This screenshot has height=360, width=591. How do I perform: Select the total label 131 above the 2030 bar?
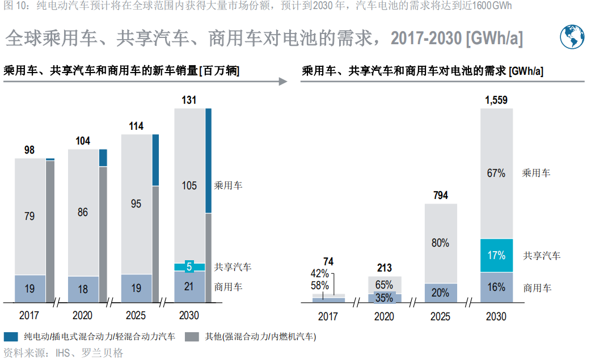189,100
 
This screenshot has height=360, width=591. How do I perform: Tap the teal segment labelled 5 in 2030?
189,267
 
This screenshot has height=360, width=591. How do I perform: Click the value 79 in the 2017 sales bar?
29,216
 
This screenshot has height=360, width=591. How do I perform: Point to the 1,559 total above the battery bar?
496,100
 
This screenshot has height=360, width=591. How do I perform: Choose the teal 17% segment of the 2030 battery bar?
496,255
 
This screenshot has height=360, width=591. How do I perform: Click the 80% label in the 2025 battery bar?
440,243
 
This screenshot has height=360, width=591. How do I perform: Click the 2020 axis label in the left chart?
83,316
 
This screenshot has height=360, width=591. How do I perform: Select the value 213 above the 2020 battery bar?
384,268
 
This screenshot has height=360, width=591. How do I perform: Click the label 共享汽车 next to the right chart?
542,256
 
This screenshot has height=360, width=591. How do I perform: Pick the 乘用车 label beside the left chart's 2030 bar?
228,185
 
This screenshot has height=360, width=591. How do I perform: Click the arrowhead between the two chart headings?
284,82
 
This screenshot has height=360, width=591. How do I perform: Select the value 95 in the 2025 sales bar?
136,204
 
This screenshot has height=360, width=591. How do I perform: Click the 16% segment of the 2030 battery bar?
496,287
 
